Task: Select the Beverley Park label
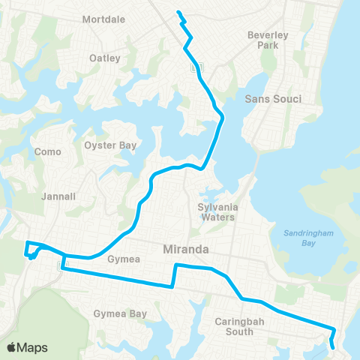click(x=268, y=40)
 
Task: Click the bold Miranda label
click(x=186, y=248)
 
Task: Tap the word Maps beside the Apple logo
click(x=33, y=347)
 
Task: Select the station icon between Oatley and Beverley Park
click(x=196, y=67)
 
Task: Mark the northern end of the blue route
click(x=178, y=12)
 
